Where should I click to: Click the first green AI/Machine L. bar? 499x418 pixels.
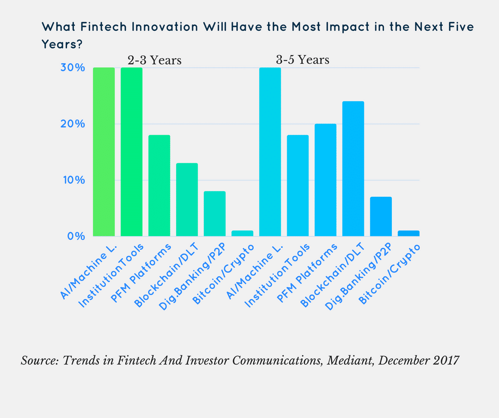104,152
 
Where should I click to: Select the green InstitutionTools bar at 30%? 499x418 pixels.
132,152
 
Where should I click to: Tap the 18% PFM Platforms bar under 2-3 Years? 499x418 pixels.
159,186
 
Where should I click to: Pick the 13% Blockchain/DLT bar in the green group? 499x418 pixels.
187,199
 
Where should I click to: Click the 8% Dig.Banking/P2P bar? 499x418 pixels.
214,214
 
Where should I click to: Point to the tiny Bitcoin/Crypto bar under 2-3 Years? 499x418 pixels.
242,233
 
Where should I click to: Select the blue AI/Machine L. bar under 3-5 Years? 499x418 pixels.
270,152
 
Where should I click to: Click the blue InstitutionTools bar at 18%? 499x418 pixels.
298,186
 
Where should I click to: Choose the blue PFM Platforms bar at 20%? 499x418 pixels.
325,180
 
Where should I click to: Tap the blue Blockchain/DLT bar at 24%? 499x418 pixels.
353,169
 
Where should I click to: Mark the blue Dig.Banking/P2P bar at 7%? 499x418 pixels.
381,216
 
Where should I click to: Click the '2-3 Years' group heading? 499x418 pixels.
154,60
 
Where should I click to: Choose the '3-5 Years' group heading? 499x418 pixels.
303,60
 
